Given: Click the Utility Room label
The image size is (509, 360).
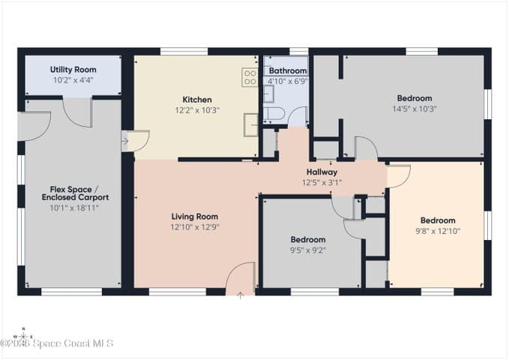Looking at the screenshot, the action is tap(73, 70).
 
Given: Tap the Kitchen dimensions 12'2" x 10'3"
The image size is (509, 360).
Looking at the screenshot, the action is tap(197, 110).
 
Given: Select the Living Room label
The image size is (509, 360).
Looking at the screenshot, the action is tap(195, 217).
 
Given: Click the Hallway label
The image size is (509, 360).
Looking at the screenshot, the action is tap(322, 172).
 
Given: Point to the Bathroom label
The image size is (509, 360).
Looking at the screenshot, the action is tap(288, 70).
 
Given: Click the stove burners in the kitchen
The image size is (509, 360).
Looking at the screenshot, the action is tap(250, 77).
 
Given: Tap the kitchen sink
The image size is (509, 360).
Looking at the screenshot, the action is tap(251, 124).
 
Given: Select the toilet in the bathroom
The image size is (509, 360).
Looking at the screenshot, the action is tap(274, 113).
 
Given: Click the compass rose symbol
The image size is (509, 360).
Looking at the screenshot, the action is tap(23, 336).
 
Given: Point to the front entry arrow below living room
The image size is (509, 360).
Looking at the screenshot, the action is tap(240, 295).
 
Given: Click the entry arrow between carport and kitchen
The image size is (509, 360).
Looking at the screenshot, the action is tap(125, 141).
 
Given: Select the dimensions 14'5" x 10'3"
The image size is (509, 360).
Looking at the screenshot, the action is tap(415, 109).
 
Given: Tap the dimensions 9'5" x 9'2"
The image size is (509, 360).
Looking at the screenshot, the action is tap(308, 250).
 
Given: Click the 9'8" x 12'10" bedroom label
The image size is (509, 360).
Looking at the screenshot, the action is tap(438, 220).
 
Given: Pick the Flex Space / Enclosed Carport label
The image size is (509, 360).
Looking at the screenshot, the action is tap(75, 193).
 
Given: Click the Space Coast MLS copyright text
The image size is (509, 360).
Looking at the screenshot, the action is tap(56, 343).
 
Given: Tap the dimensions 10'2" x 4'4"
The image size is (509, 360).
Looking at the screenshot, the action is tap(73, 80).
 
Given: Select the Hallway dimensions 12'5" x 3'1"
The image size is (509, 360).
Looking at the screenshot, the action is tap(322, 182).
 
